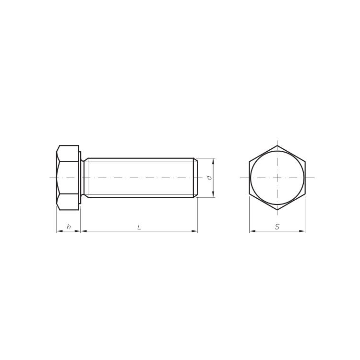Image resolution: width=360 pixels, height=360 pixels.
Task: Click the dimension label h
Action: pyautogui.click(x=69, y=227)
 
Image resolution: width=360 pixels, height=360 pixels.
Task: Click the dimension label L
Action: pyautogui.click(x=139, y=227)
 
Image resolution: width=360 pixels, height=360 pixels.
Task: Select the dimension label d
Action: pyautogui.click(x=209, y=178)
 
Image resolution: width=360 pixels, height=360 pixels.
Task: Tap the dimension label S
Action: pyautogui.click(x=277, y=227)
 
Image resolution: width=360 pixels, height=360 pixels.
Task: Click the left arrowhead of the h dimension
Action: pyautogui.click(x=60, y=231)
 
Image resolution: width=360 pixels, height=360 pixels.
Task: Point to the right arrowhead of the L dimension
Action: pyautogui.click(x=195, y=231)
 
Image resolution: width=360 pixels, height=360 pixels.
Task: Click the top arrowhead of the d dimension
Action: pyautogui.click(x=213, y=161)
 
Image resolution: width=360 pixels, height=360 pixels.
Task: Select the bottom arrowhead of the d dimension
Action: pyautogui.click(x=213, y=194)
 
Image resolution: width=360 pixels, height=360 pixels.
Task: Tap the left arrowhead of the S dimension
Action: pyautogui.click(x=252, y=231)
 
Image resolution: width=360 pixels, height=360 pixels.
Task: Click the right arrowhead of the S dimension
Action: pyautogui.click(x=302, y=231)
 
